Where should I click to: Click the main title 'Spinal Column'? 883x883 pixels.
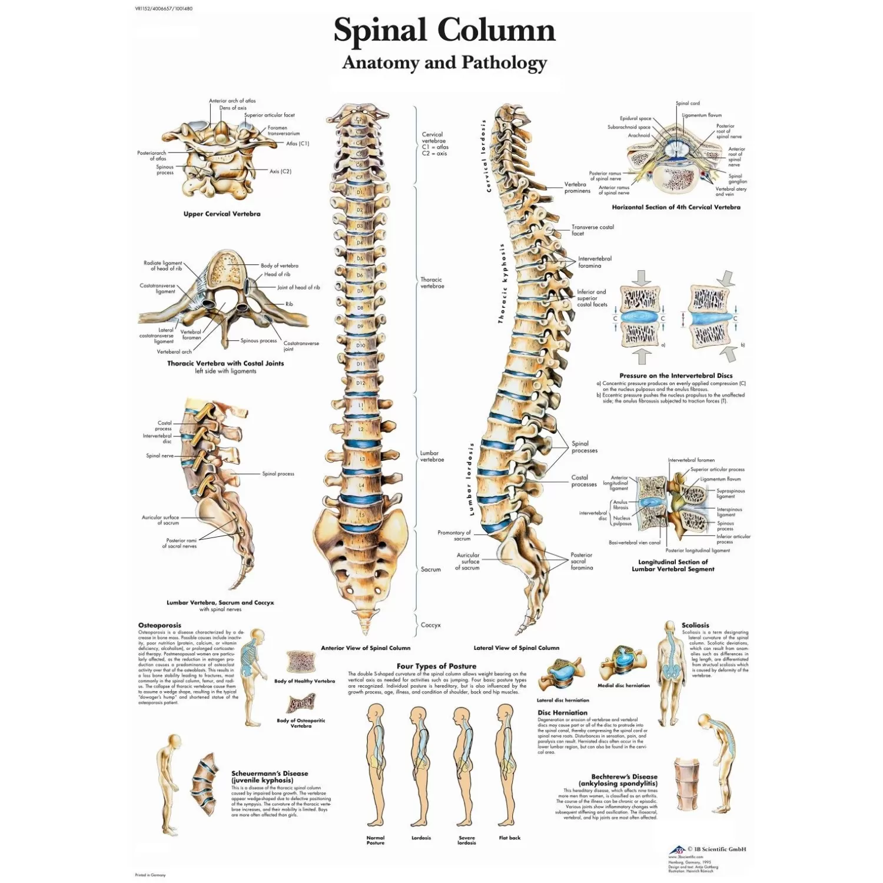pos(444,31)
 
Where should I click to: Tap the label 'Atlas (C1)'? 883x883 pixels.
pos(297,144)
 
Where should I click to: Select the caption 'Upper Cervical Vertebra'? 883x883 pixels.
pos(222,214)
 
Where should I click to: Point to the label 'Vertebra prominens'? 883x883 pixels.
pos(577,188)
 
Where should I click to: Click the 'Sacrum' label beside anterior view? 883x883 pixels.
pos(430,570)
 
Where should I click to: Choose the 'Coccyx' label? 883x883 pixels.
pos(430,625)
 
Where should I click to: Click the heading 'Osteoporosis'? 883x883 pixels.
pos(160,625)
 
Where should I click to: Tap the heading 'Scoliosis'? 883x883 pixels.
pos(695,625)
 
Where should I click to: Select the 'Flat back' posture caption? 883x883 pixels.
pos(509,838)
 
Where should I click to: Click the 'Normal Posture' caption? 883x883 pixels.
pos(375,840)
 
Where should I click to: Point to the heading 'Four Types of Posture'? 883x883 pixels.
pos(436,666)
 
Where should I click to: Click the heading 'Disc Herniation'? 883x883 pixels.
pos(562,712)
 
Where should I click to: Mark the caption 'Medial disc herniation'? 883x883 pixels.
pos(623,686)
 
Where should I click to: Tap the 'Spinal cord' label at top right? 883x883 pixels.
pos(688,104)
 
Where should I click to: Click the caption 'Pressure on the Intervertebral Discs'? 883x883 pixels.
pos(676,376)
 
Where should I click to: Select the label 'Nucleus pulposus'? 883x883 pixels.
pos(622,521)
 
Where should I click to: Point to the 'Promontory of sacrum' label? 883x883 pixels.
pos(454,535)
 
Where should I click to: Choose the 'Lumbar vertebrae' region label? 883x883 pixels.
pos(431,456)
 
